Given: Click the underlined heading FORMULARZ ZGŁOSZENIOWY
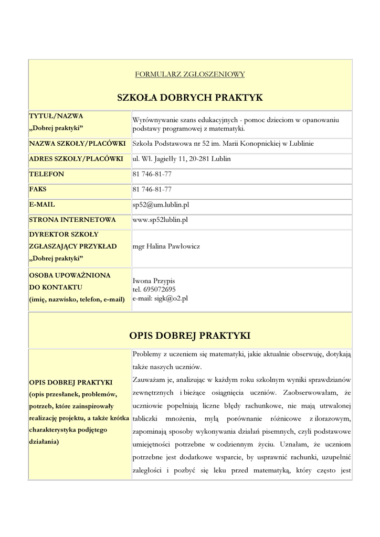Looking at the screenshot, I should [x=189, y=74].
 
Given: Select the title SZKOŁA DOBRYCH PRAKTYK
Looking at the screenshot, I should [x=189, y=98].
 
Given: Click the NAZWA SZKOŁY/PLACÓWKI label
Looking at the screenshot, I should [x=77, y=143].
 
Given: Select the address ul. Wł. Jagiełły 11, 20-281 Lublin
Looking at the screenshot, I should [x=182, y=158].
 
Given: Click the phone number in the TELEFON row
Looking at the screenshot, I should [x=152, y=174].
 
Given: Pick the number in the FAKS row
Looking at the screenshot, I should [x=152, y=189].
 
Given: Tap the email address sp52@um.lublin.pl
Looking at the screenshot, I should [x=160, y=205].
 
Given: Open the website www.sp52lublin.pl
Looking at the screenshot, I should [x=160, y=220].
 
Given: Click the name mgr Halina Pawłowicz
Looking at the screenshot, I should [x=166, y=246].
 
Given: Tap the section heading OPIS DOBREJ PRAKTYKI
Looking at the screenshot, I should [x=189, y=335].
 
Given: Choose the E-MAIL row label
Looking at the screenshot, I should [x=42, y=205].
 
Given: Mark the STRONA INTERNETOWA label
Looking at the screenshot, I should [x=72, y=220].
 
